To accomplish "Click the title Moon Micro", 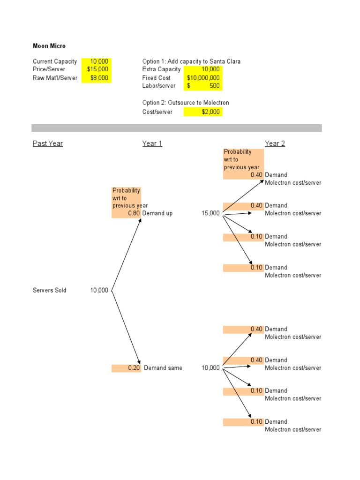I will point(49,46).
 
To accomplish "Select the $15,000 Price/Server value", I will point(98,69).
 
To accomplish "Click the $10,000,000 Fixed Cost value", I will point(203,78).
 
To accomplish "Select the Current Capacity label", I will point(55,61).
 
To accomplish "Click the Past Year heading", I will point(48,143).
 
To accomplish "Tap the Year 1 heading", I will point(152,143).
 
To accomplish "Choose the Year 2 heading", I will point(275,143).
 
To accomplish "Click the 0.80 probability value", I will point(134,213).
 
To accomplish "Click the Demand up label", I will point(157,213).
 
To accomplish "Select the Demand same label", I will point(163,368).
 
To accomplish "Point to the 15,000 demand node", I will point(210,213).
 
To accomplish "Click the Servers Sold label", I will point(50,290).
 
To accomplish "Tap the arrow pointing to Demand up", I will point(127,253).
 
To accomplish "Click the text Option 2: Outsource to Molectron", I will point(186,103).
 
